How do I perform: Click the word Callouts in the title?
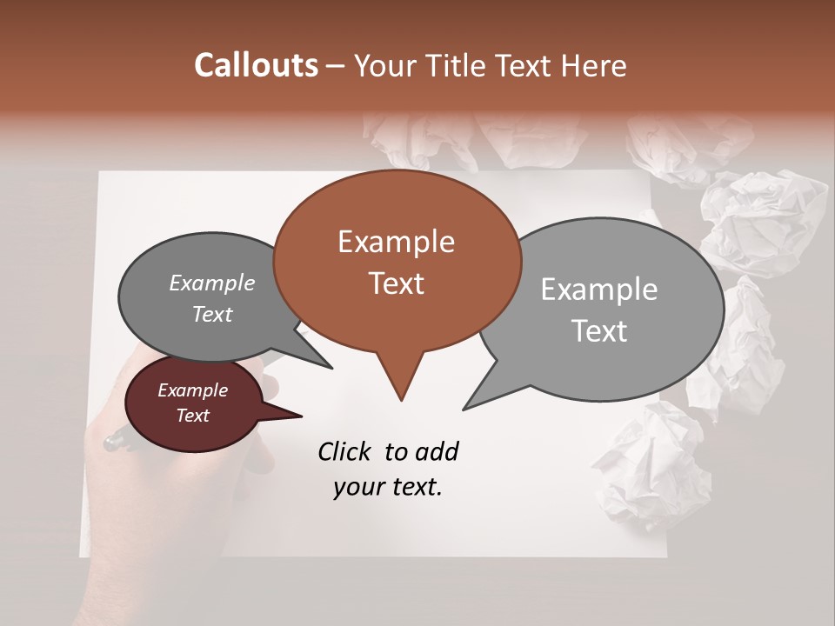(256, 65)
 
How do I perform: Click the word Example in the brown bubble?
(396, 242)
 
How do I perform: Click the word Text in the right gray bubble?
(599, 331)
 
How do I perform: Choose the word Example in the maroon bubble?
(192, 390)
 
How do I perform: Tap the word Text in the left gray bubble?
(211, 315)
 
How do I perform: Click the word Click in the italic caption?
(344, 451)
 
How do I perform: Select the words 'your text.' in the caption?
(387, 487)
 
